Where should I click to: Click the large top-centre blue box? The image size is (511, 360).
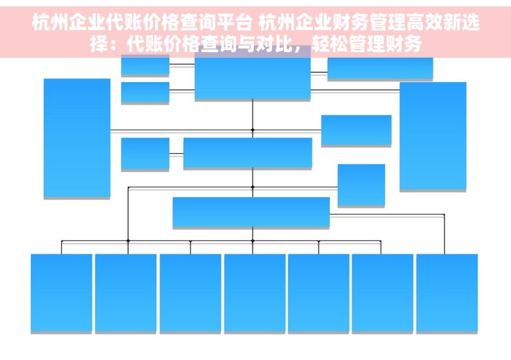(253, 78)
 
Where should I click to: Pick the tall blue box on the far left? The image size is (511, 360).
(77, 138)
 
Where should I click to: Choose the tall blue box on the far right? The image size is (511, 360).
(433, 136)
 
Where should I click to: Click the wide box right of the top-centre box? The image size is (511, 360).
(380, 68)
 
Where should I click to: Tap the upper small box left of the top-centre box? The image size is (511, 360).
(145, 65)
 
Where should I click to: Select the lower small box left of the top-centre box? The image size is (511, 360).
(145, 93)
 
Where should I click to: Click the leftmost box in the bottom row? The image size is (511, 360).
(61, 293)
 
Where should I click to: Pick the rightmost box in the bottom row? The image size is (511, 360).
(447, 293)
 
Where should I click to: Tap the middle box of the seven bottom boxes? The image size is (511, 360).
(255, 293)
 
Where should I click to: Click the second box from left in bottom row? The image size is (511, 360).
(125, 293)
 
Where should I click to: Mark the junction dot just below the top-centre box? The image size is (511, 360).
(253, 130)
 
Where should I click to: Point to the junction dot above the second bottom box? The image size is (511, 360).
(128, 241)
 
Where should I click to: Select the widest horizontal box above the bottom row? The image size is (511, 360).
(251, 212)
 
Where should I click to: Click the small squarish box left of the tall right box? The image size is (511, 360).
(361, 184)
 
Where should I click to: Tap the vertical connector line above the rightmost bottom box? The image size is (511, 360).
(444, 234)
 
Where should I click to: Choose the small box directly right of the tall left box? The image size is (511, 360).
(145, 154)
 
